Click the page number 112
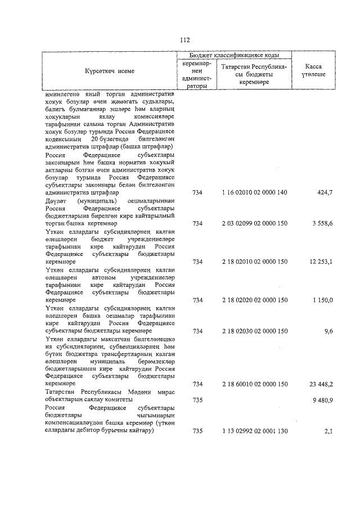click(185, 40)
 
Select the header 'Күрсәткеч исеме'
click(110, 71)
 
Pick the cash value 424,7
click(325, 192)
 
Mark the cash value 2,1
click(328, 431)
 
